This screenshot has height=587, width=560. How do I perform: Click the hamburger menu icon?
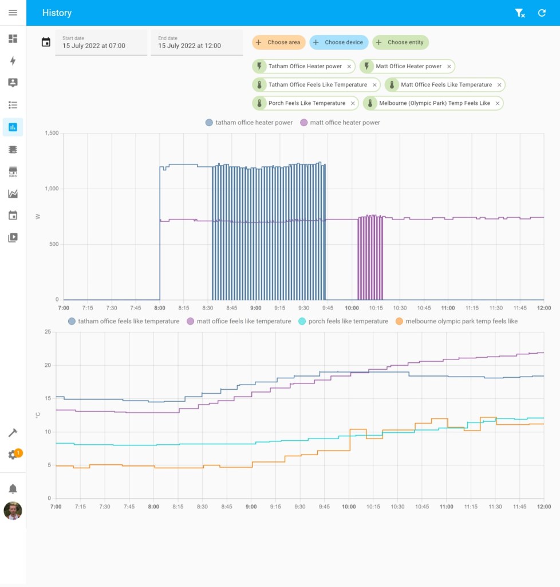point(13,13)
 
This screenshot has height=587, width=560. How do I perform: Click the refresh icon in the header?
point(542,13)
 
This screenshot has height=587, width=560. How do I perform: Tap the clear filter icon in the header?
point(519,13)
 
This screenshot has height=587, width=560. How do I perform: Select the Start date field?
point(101,42)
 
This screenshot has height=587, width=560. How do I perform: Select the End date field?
point(196,42)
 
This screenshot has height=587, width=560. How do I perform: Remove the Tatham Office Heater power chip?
point(349,66)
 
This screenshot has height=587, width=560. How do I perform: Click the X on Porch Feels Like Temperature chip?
point(353,103)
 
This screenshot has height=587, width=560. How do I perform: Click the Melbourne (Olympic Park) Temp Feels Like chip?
point(434,103)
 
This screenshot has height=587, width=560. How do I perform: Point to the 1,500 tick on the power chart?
point(52,133)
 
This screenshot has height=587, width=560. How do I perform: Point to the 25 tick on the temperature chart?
point(48,332)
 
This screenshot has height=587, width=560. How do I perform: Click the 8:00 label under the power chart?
point(160,308)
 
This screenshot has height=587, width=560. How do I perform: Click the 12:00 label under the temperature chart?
point(543,507)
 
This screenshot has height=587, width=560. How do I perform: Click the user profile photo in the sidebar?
point(13,511)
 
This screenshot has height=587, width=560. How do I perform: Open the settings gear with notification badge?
point(13,455)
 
